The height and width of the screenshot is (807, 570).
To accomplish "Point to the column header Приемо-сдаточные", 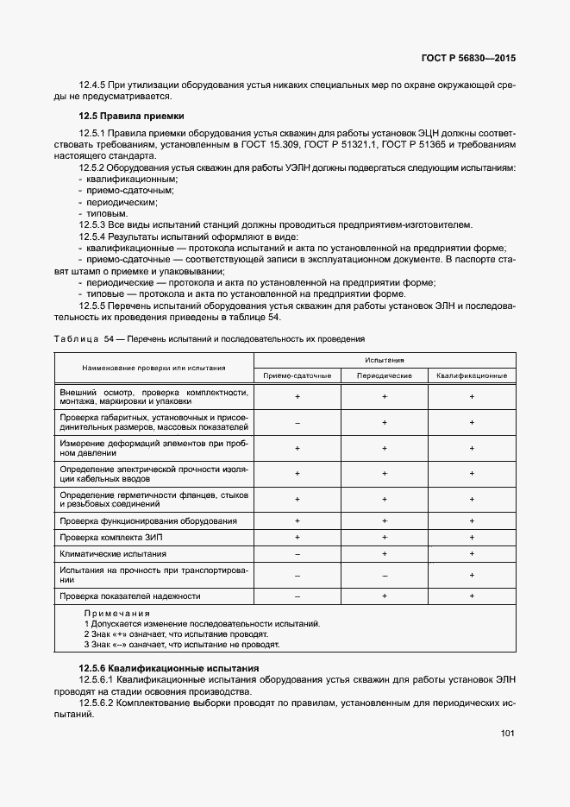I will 297,375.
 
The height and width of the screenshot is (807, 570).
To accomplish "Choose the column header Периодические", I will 385,375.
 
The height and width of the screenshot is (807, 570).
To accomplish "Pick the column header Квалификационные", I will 472,375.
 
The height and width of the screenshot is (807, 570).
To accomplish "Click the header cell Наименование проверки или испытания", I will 154,368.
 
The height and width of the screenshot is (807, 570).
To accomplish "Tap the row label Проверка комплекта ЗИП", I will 110,537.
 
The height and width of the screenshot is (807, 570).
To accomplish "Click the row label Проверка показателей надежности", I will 130,596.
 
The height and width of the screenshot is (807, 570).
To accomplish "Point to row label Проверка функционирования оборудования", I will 148,521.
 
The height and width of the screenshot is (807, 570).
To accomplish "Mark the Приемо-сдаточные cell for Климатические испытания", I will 297,553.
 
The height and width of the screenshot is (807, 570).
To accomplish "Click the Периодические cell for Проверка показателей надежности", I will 385,596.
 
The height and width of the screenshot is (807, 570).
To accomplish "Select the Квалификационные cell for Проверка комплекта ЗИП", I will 472,537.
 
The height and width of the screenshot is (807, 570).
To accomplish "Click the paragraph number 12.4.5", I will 91,86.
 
